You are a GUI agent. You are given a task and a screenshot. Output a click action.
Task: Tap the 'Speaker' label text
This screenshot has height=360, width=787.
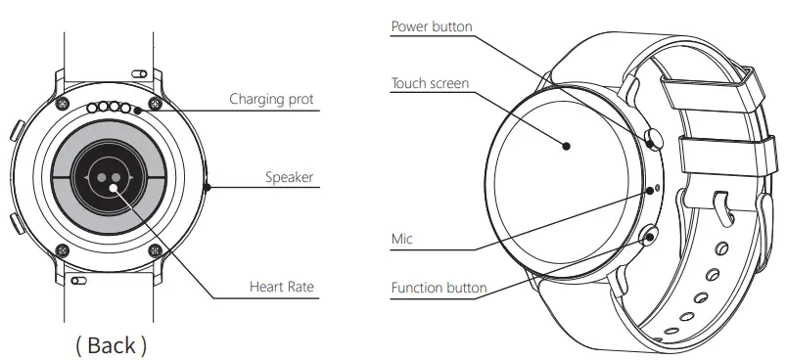[289, 177]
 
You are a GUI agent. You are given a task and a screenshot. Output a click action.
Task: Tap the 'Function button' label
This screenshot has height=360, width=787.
[439, 289]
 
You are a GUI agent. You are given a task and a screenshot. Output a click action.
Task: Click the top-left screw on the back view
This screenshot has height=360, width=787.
[63, 103]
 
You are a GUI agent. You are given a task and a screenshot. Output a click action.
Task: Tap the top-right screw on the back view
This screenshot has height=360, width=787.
[154, 103]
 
